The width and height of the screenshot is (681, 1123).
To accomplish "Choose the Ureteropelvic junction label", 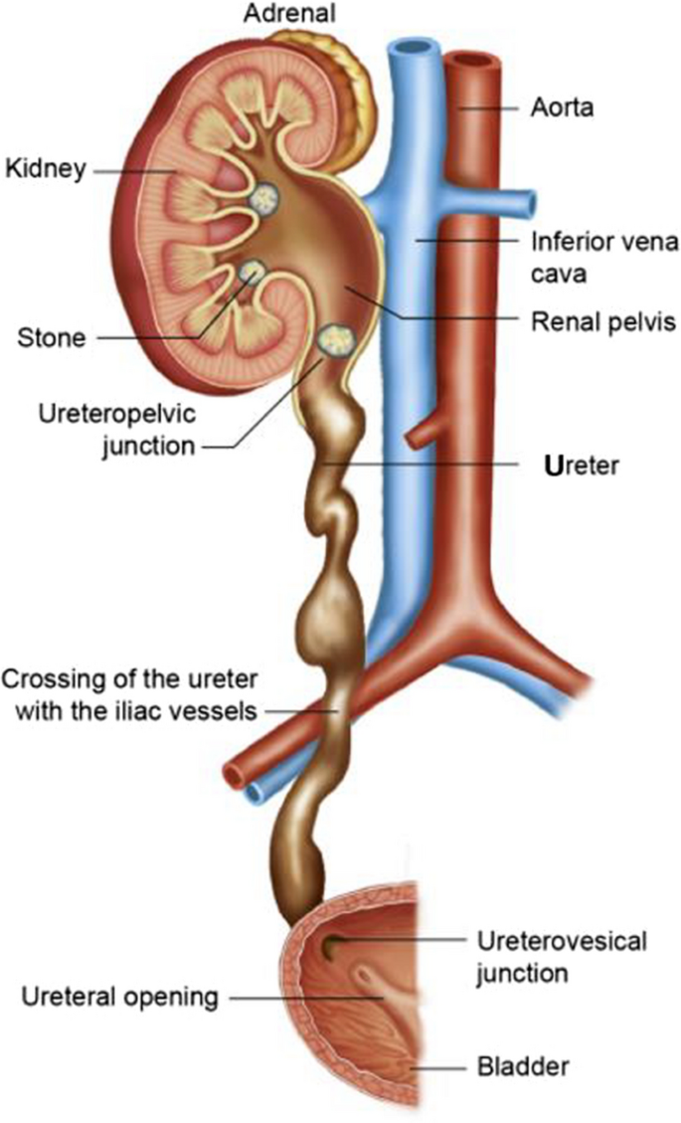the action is [116, 428].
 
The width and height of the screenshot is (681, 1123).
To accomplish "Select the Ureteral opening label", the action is [110, 996].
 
